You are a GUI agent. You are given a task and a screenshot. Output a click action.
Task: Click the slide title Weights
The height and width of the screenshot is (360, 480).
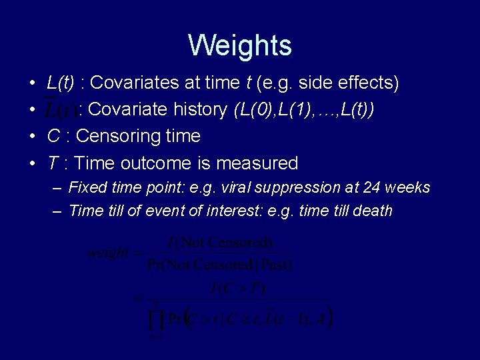click(240, 45)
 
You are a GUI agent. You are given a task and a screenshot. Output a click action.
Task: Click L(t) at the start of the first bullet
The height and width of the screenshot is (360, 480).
click(61, 83)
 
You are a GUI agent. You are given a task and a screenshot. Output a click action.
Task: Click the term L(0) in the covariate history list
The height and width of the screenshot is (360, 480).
click(252, 110)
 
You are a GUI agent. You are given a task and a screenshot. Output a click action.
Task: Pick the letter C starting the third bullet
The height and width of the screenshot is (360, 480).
click(54, 137)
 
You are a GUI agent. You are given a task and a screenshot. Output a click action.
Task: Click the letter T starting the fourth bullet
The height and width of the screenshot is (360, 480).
click(53, 163)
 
